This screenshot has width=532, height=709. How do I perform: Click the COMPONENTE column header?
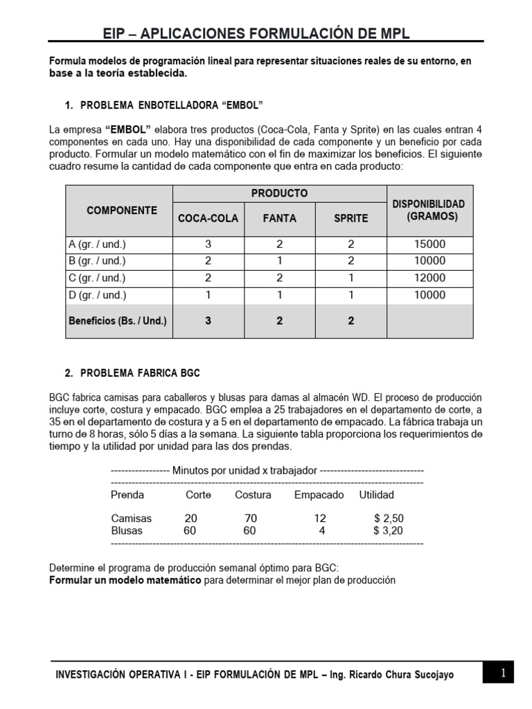[x=121, y=210]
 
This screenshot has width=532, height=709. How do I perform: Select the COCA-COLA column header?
[x=208, y=218]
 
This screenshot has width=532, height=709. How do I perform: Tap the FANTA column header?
[x=279, y=218]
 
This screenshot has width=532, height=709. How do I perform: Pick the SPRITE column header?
[x=351, y=218]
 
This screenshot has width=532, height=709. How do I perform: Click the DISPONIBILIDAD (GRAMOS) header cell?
[x=429, y=210]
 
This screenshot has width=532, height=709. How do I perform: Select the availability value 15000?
[x=429, y=244]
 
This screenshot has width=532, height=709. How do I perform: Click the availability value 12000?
[x=429, y=278]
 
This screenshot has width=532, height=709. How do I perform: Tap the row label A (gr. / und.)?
[x=97, y=244]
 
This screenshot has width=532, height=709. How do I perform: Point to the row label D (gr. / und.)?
[x=97, y=295]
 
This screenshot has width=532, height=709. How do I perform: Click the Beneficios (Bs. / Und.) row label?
[x=118, y=321]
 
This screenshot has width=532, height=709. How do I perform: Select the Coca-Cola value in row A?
[x=208, y=244]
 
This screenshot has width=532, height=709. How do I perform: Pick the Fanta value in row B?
[x=279, y=261]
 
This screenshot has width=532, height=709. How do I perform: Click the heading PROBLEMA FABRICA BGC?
[x=140, y=373]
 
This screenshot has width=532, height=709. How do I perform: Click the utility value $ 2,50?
[x=388, y=519]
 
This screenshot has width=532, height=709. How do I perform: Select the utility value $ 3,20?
[x=388, y=531]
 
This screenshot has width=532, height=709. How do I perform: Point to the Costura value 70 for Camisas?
[x=251, y=519]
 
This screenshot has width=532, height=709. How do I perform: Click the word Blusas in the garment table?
[x=127, y=531]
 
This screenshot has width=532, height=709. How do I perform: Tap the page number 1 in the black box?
[x=504, y=672]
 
